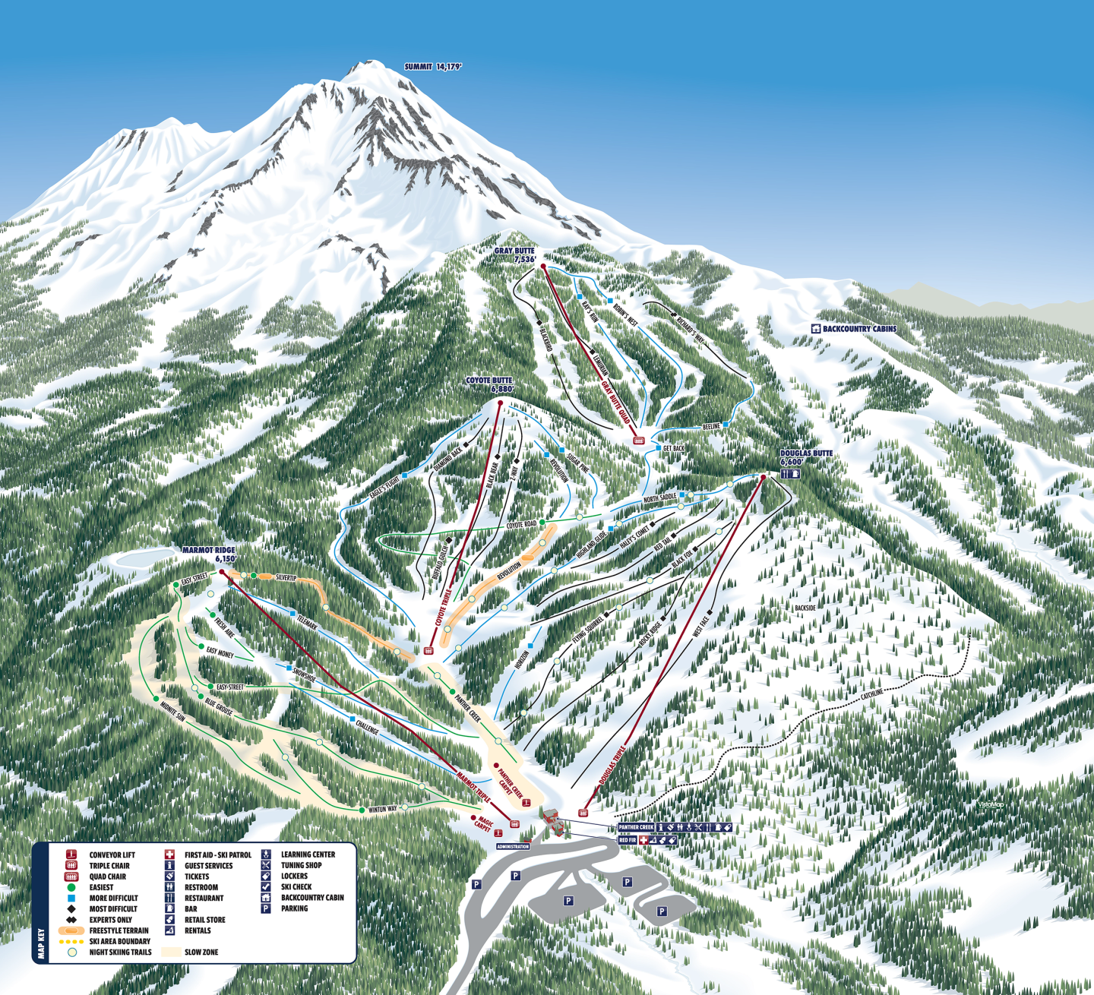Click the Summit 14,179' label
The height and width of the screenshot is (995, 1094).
[433, 67]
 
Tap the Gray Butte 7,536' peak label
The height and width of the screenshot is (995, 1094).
[515, 255]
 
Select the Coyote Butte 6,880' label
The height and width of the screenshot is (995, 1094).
[489, 385]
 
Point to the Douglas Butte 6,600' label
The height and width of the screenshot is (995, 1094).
[806, 457]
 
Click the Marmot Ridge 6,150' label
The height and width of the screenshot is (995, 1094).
[209, 554]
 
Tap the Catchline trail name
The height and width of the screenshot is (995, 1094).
[872, 693]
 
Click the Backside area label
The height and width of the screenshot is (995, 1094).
[805, 608]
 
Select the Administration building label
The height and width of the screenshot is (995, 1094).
[513, 846]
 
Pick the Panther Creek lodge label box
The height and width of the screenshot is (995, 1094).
[636, 827]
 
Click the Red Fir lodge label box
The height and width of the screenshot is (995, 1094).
[628, 840]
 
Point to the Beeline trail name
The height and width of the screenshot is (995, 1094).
[711, 427]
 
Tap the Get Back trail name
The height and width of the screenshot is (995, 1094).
[673, 449]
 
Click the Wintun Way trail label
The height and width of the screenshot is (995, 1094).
[382, 810]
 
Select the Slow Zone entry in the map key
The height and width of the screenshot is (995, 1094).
[201, 952]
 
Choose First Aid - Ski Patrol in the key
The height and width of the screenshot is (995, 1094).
[217, 854]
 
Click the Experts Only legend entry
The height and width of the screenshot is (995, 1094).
[110, 920]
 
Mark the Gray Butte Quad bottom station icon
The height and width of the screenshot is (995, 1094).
[639, 441]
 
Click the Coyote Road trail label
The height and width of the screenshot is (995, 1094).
[521, 525]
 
